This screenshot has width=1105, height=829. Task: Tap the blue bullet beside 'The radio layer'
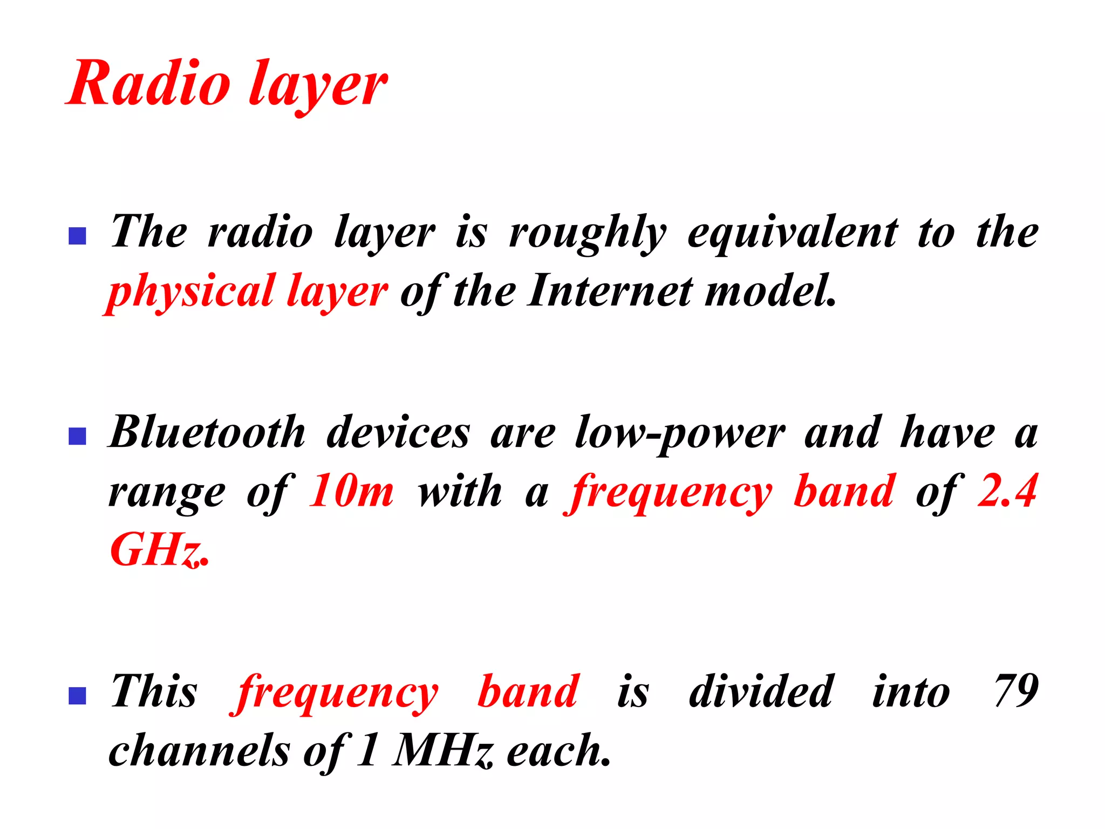pyautogui.click(x=78, y=236)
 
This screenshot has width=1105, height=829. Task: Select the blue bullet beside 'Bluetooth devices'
pyautogui.click(x=78, y=436)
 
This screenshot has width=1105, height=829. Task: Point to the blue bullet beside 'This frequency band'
pyautogui.click(x=78, y=696)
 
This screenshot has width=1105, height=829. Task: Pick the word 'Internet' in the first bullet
pyautogui.click(x=610, y=291)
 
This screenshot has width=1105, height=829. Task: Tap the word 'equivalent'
pyautogui.click(x=793, y=233)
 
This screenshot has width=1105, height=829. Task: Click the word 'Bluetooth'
pyautogui.click(x=207, y=432)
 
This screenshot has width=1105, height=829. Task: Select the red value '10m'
pyautogui.click(x=351, y=492)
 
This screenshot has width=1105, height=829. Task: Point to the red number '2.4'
pyautogui.click(x=1007, y=491)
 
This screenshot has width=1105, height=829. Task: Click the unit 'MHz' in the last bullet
pyautogui.click(x=442, y=751)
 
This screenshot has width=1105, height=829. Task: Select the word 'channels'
pyautogui.click(x=200, y=751)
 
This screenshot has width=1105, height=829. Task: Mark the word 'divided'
pyautogui.click(x=761, y=691)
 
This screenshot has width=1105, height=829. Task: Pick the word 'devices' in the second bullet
pyautogui.click(x=398, y=432)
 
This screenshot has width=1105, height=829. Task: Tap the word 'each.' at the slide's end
pyautogui.click(x=559, y=751)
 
